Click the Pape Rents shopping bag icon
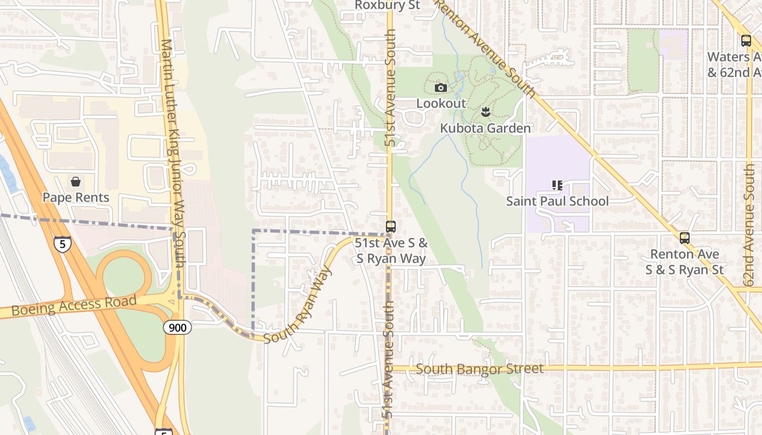coord(76,181)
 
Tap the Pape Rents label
coord(76,197)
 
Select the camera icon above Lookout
coord(441,88)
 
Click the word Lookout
coord(441,103)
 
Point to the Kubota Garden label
coord(485,128)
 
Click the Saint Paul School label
coord(557,201)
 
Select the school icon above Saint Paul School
coord(557,185)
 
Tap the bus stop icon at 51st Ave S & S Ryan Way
coord(391,227)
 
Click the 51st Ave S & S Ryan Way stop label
coord(391,251)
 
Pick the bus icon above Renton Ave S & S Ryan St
coord(685,238)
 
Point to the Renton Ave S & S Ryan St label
coord(685,262)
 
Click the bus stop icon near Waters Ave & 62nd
coord(746,40)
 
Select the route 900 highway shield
coord(177,327)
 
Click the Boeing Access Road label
coord(74,306)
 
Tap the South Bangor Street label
coord(480,369)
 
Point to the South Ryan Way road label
coord(298,305)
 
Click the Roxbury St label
coord(387,5)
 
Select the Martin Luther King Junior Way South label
coord(175,152)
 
